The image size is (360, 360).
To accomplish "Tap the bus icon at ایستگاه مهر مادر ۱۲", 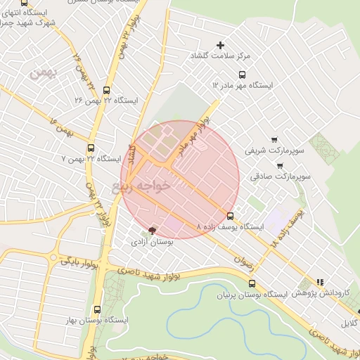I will pos(243,75).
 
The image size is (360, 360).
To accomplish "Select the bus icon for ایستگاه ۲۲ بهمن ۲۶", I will pos(106,90).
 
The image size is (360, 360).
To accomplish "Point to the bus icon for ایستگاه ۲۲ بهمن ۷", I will pos(91,148).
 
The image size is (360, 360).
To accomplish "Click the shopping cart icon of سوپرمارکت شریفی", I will pos(274,139).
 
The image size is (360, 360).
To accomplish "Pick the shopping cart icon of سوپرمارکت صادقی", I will pos(281,167).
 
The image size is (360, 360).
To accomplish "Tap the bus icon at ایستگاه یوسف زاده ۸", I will pos(231,215).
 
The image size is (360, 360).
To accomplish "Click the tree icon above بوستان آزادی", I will pos(153,231).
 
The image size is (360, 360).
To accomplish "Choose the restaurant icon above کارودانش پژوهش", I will pos(321,281).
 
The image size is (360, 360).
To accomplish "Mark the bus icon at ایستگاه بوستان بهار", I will pos(97,309).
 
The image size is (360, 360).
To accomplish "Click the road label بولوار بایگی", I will pos(75,262).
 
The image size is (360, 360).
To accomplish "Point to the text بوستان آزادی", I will pos(149,243).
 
